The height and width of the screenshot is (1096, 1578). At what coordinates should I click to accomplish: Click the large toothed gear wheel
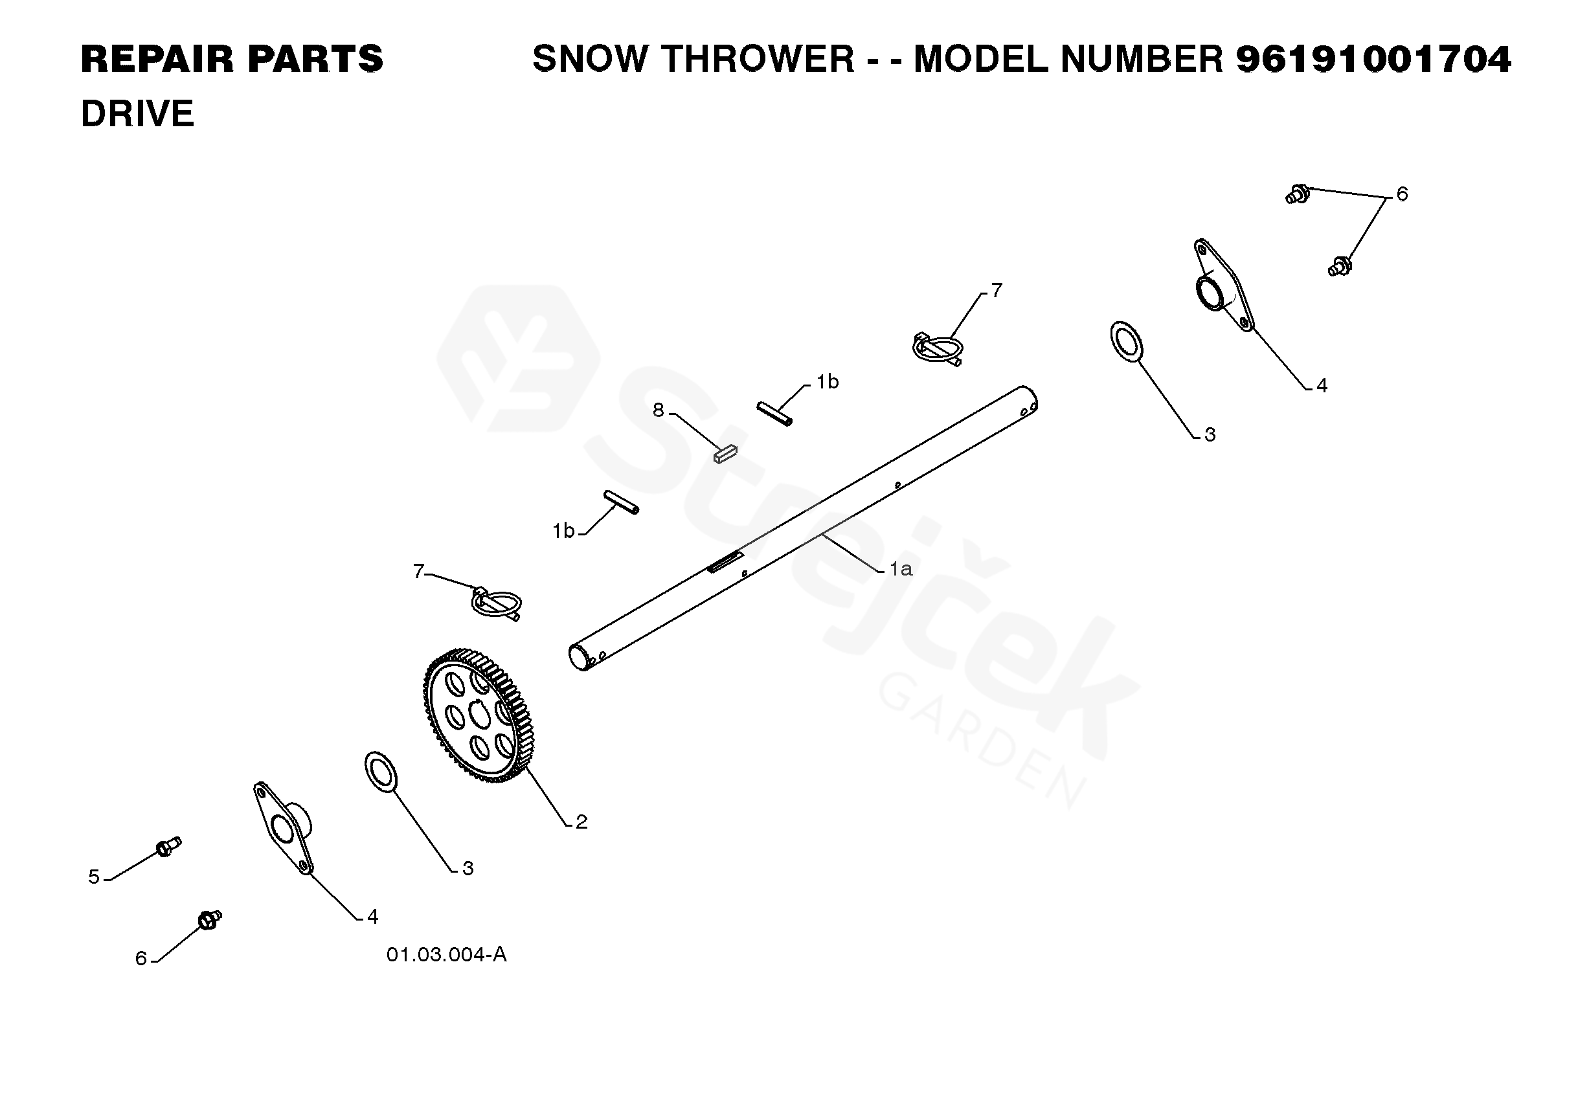[478, 715]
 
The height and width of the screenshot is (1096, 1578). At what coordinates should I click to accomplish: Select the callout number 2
[581, 822]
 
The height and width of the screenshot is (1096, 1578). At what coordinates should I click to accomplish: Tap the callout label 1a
[900, 568]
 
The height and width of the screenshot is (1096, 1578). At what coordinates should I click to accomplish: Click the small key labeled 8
[725, 453]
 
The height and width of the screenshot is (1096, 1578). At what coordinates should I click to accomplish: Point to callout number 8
[658, 410]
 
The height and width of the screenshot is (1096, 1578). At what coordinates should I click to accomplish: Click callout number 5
[94, 877]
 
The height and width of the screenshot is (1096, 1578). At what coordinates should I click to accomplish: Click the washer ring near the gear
[381, 772]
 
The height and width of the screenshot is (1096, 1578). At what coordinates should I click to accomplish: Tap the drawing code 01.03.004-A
[446, 954]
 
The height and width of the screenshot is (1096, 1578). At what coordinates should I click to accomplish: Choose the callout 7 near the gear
[418, 572]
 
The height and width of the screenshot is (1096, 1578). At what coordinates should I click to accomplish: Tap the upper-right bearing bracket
[1223, 285]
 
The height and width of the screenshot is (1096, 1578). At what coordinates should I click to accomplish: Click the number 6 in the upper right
[1401, 194]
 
